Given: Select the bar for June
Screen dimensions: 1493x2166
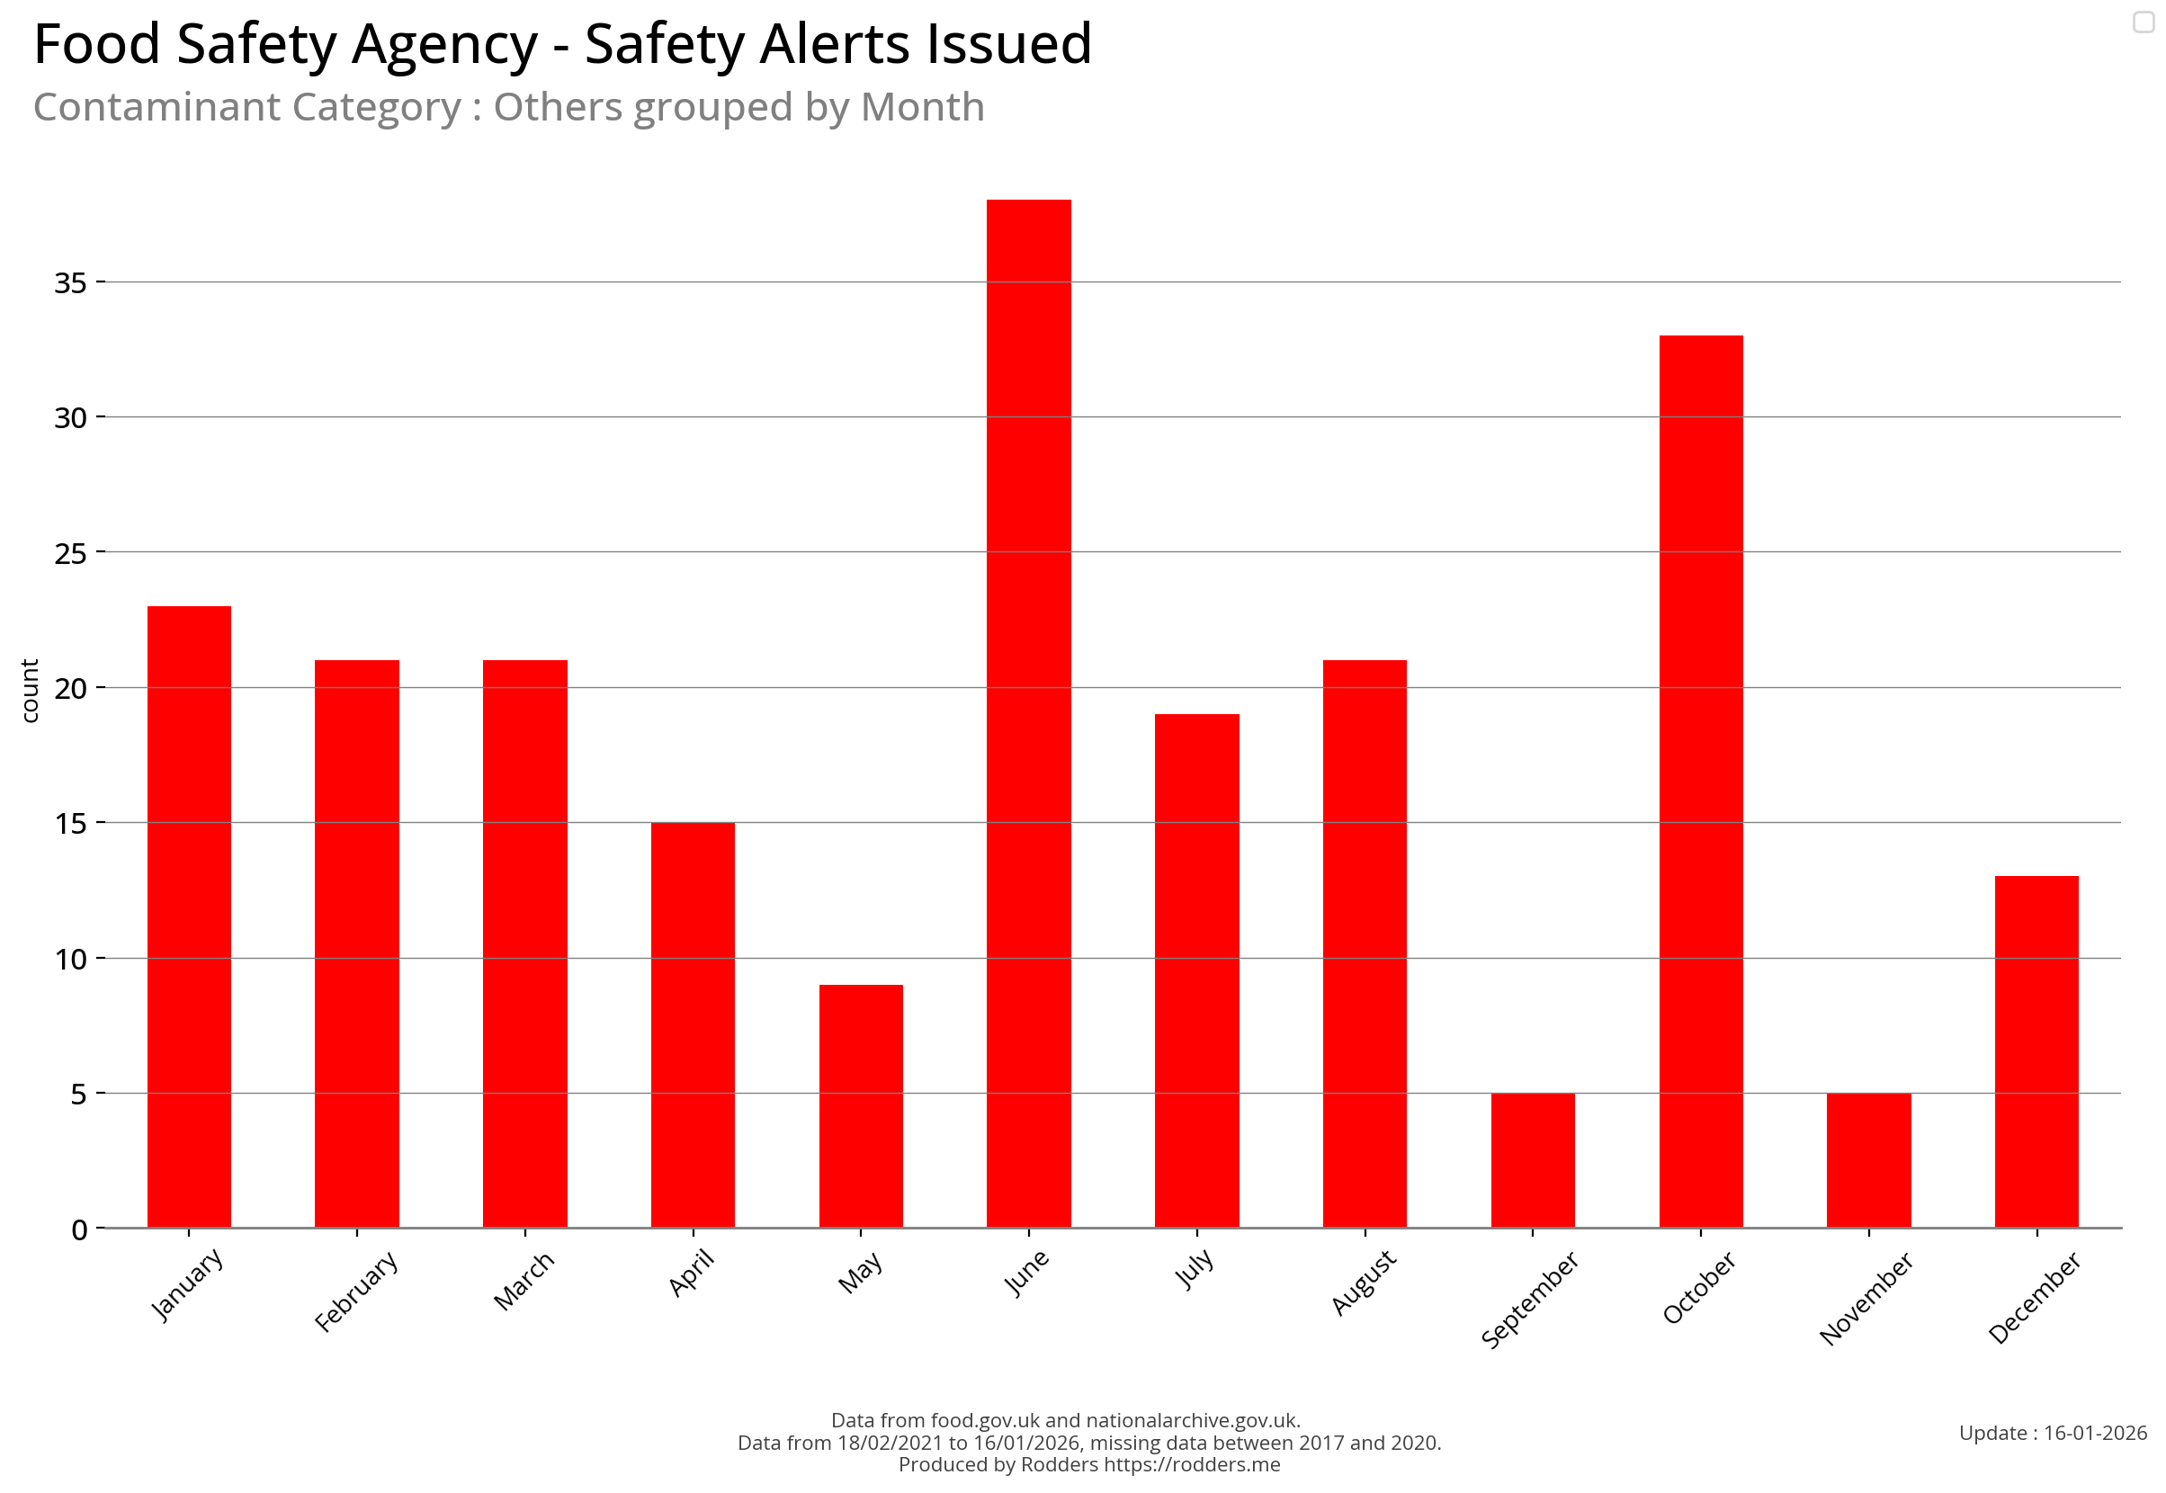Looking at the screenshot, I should point(1028,713).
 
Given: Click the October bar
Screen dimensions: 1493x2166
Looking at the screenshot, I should point(1700,781).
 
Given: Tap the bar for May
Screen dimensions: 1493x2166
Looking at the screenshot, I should point(861,1105).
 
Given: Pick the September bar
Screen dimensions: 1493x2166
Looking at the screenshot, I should point(1533,1160).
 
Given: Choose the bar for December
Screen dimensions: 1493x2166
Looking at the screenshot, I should point(2036,1051).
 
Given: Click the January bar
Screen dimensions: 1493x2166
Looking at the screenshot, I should point(189,916).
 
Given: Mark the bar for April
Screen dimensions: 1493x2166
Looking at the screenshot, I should point(693,1024).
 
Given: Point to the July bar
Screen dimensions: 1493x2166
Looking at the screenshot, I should point(1196,970).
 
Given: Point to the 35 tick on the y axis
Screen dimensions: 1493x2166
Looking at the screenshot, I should point(70,282).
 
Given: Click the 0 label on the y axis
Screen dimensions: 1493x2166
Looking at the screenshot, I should point(79,1230).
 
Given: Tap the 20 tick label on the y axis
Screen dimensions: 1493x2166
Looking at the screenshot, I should point(70,689).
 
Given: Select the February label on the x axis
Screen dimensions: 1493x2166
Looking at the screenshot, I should point(356,1291).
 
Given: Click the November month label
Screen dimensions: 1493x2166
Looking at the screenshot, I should point(1866,1299).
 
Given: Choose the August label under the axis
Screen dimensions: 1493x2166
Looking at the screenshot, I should point(1364,1283).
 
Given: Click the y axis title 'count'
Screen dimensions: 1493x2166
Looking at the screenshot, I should point(30,691).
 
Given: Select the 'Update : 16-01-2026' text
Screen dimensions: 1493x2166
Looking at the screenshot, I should point(2053,1433).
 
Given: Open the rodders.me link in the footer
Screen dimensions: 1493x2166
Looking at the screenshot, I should point(1191,1465).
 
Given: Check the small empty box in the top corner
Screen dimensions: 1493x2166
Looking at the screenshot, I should point(2144,22).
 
